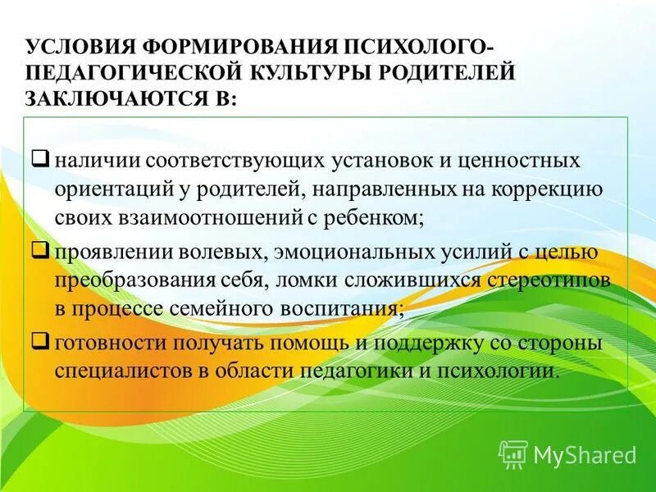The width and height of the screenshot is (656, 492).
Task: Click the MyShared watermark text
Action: click(x=584, y=453)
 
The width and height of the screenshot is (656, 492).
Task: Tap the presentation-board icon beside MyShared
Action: click(x=512, y=453)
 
